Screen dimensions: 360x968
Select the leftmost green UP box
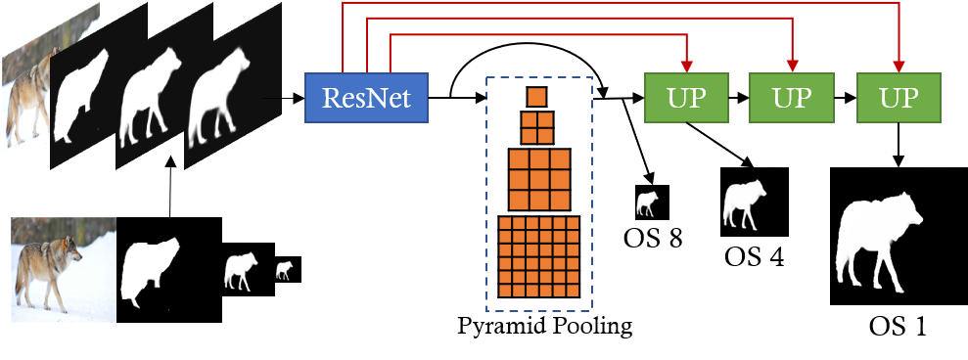686,98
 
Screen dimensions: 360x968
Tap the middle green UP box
791,98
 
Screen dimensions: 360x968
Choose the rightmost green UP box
899,98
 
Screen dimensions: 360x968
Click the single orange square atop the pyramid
536,97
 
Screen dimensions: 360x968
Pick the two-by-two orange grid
536,128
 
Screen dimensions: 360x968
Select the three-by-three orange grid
538,179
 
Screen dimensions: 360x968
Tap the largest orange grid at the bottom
539,257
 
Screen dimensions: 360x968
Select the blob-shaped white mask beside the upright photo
150,271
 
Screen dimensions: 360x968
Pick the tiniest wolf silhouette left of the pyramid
284,270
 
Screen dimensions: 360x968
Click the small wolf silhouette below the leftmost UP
647,203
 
